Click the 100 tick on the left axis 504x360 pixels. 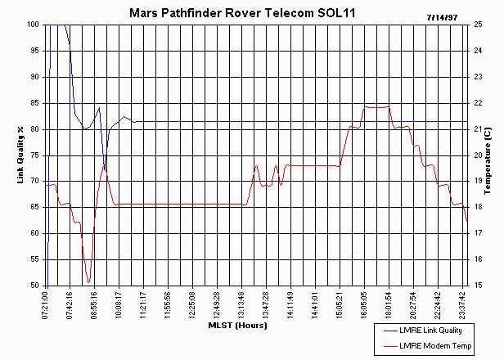tap(33, 25)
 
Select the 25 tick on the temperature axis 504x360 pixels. tap(476, 25)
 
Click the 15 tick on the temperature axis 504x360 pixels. tap(476, 286)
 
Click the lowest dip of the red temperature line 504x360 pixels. tap(89, 282)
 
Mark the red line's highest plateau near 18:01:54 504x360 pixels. tap(376, 107)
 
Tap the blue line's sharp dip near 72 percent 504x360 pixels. tap(104, 169)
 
